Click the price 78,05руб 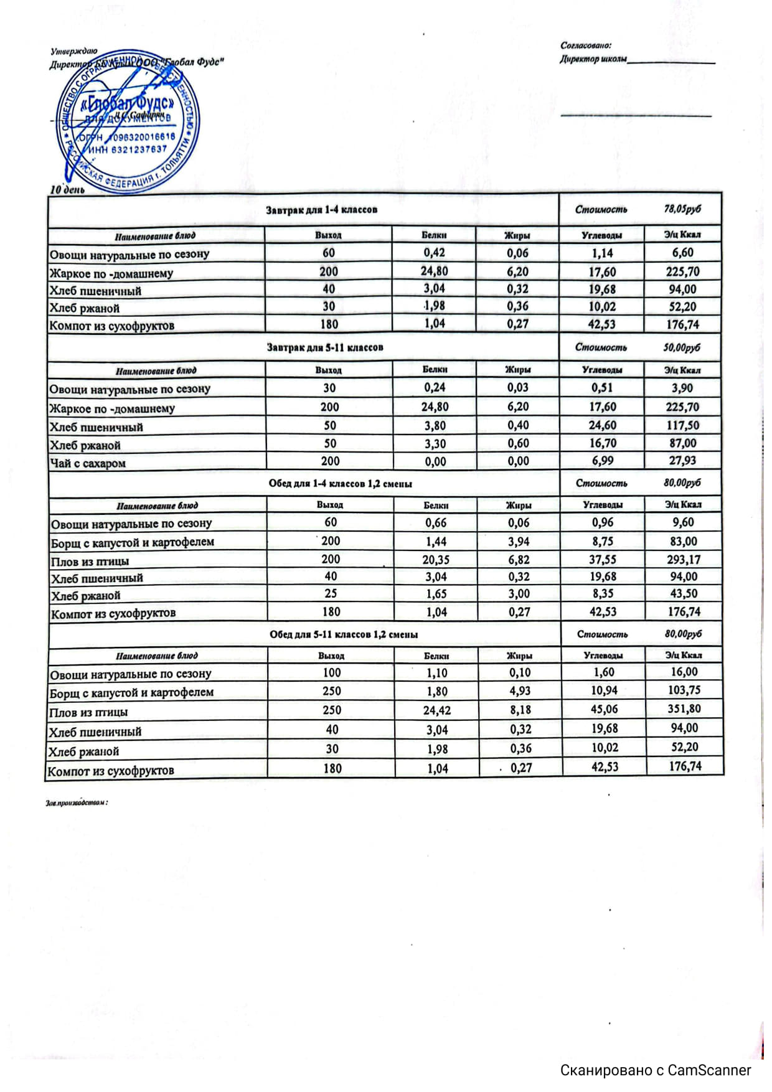pos(682,209)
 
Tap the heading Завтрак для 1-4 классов pos(321,210)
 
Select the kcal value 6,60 pos(682,253)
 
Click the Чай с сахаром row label pos(88,463)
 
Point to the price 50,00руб pos(682,347)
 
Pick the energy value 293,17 pos(684,559)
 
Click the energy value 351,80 pos(684,709)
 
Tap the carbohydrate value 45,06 pos(604,710)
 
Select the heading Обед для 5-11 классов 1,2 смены pos(343,634)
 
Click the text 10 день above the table pos(67,189)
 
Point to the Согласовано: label pos(586,45)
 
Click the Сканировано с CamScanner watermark pos(656,1070)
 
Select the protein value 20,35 pos(436,560)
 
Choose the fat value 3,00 pos(519,594)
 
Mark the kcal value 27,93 pos(683,461)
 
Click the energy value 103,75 pos(684,690)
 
